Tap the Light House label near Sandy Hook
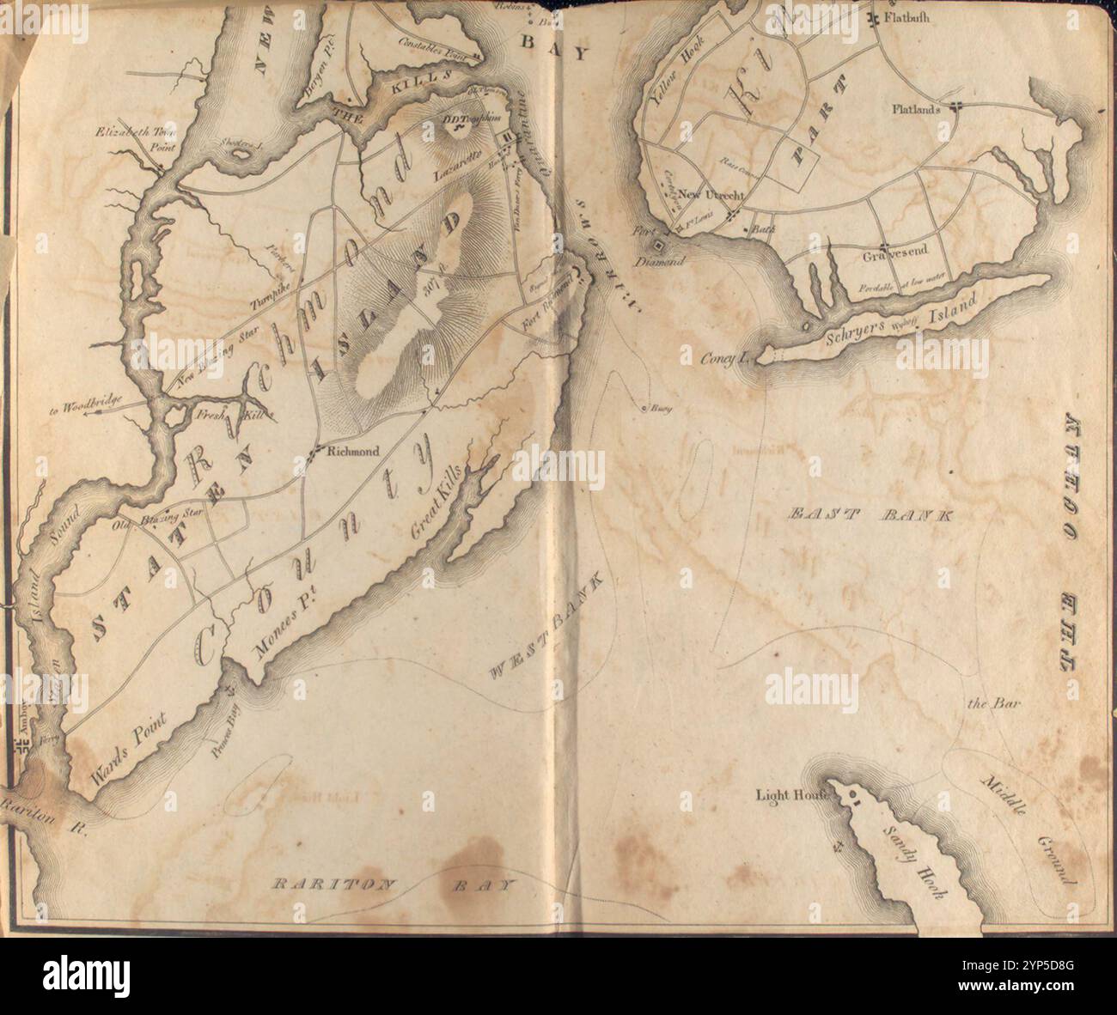coord(790,794)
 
